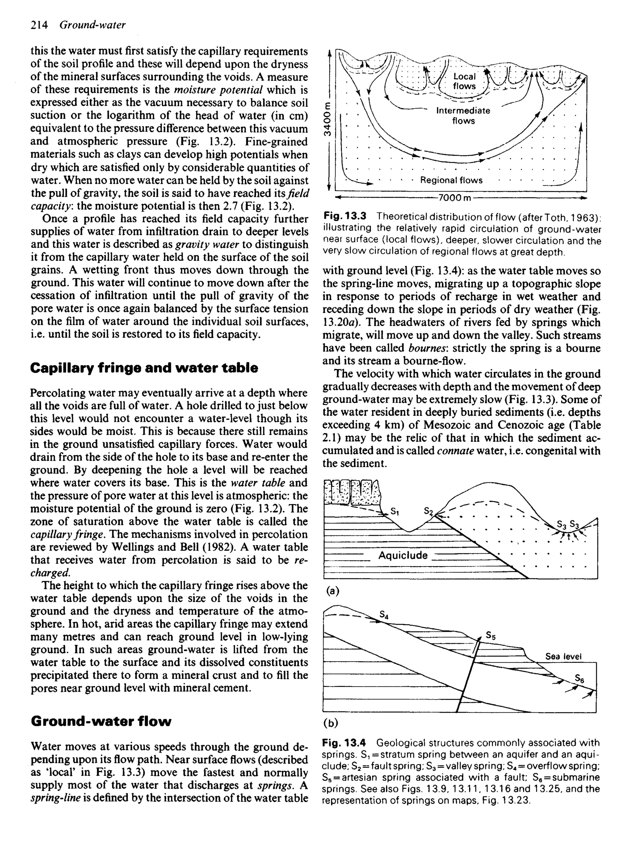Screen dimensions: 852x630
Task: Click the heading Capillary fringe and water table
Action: [144, 368]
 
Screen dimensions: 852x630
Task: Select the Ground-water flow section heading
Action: [101, 721]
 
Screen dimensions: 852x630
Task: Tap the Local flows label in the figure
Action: [464, 81]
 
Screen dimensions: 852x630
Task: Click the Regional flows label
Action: [451, 180]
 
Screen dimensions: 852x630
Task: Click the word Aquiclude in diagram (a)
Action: [403, 555]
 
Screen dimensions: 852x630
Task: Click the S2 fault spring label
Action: [429, 511]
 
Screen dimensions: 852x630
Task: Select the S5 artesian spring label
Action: [491, 635]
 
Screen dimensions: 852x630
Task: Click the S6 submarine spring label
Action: [580, 678]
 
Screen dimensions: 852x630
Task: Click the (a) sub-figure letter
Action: [332, 591]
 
